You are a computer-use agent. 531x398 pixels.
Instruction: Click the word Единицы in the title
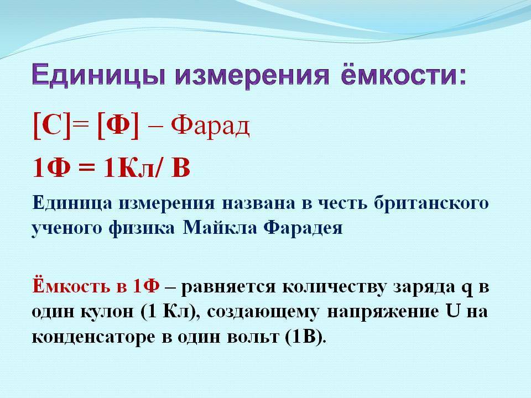click(99, 76)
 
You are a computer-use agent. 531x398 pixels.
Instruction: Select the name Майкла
click(221, 228)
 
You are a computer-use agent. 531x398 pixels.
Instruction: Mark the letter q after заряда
click(467, 289)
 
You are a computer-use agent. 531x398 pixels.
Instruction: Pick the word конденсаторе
click(93, 337)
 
